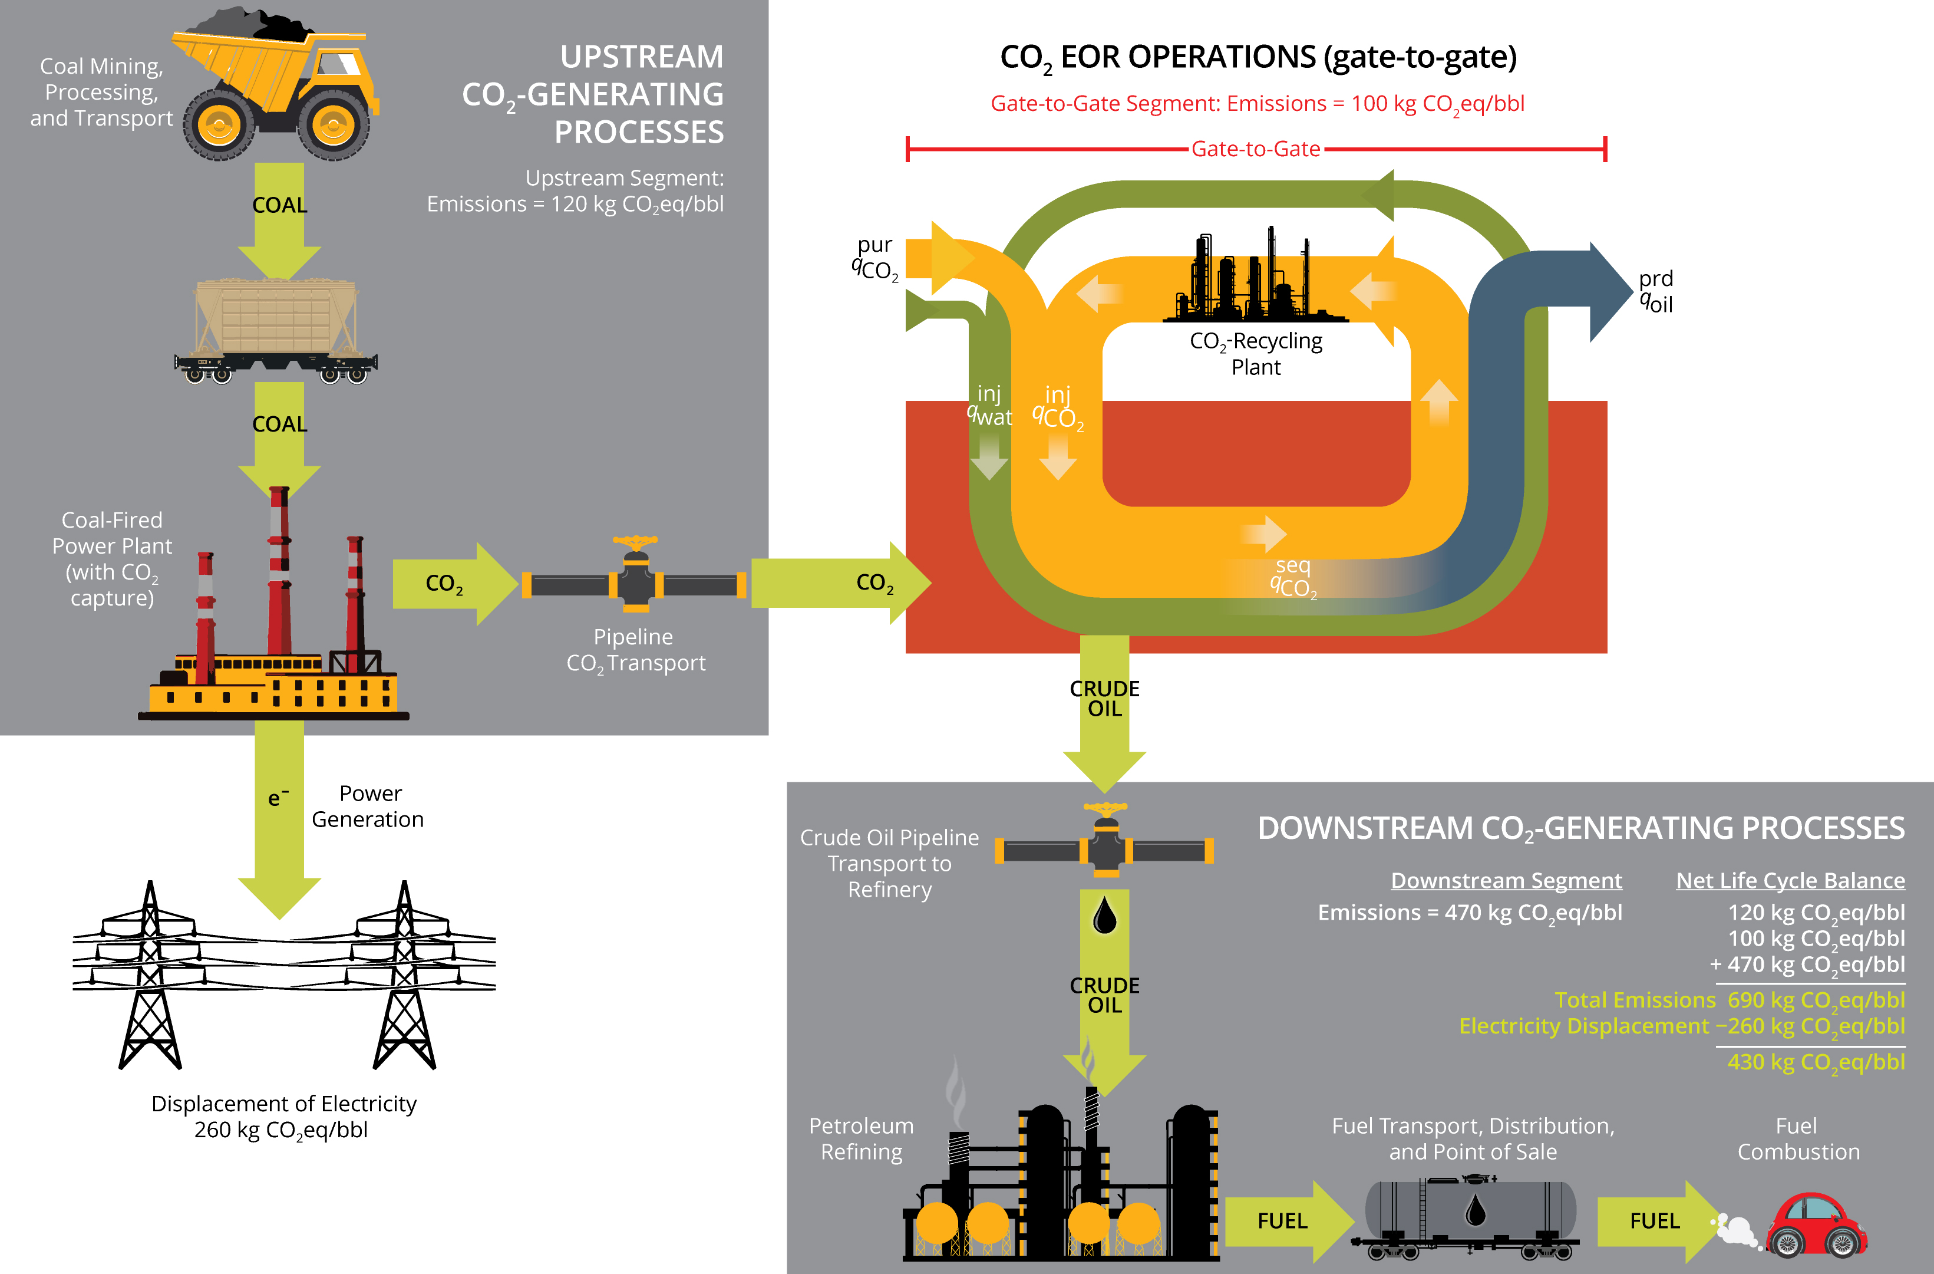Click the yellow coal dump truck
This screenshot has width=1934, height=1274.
pos(276,85)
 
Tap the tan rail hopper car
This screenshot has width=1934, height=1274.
pos(276,325)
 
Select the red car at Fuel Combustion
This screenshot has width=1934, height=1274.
pos(1816,1223)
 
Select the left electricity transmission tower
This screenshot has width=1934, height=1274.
pos(150,976)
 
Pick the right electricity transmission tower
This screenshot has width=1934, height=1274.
pos(405,976)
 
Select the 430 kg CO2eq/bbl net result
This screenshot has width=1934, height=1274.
pos(1816,1062)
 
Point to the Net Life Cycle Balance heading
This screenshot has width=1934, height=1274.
pos(1790,881)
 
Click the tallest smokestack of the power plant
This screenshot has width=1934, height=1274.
pos(279,569)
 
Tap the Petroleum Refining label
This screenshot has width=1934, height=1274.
pos(862,1139)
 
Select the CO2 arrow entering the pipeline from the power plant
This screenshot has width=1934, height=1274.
pos(451,584)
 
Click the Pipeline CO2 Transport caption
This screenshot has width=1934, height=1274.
pos(635,650)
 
